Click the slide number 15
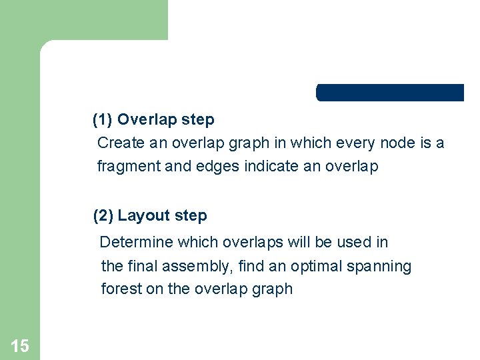pos(20,345)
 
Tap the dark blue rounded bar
pos(390,93)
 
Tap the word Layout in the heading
pos(143,216)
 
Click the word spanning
pos(379,267)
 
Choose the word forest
pos(118,289)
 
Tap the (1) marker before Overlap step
pos(103,120)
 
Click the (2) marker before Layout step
pos(103,216)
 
